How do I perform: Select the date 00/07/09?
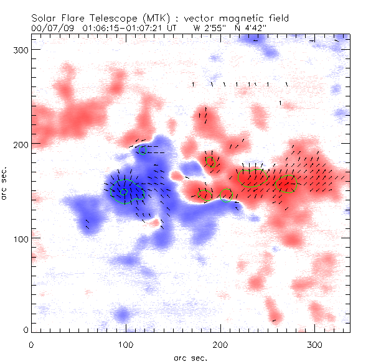pos(49,28)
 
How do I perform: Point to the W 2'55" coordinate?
pos(211,28)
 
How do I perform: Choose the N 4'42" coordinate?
pos(252,28)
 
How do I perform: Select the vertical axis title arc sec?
pos(5,183)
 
